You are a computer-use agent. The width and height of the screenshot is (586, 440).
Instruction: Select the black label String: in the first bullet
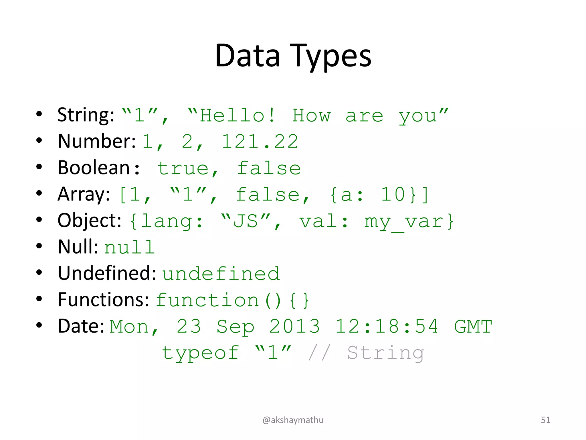point(86,115)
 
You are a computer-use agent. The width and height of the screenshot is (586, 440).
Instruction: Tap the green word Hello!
point(237,115)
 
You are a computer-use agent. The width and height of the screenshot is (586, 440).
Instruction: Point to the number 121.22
point(260,142)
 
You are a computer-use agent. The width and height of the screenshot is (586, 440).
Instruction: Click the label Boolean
point(94,168)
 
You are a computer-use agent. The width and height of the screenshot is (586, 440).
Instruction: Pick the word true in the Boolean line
point(183,168)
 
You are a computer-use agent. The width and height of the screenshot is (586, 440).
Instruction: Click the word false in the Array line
point(268,195)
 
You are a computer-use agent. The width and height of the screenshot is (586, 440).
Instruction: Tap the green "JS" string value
point(246,221)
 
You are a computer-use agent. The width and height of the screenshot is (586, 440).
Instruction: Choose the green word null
point(129,247)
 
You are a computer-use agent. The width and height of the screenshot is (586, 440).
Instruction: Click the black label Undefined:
point(107,273)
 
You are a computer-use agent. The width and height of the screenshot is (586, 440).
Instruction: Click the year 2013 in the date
point(294,326)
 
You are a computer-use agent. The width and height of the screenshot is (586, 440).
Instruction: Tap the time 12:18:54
point(387,326)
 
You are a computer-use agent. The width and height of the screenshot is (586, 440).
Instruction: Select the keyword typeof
point(200,353)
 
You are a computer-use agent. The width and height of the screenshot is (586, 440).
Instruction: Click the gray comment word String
point(385,353)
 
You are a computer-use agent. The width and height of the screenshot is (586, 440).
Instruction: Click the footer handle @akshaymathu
point(293,420)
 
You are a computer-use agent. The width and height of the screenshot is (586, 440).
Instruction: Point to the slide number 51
point(545,420)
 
